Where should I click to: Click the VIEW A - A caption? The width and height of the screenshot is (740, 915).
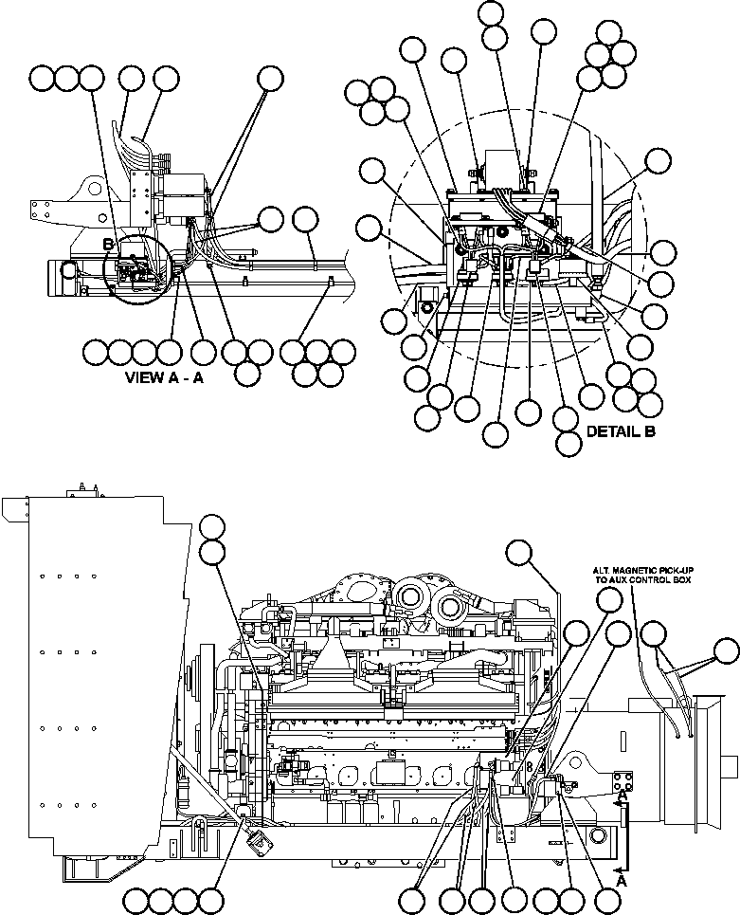165,376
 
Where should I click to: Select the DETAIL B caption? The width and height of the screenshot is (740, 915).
622,431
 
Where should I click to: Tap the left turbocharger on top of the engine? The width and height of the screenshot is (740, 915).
410,596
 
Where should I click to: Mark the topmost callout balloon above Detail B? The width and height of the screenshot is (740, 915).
492,12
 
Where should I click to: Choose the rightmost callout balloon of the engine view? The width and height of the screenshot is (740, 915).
726,650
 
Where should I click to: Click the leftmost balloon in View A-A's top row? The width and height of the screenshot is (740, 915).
42,79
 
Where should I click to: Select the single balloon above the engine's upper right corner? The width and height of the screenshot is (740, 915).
519,552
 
